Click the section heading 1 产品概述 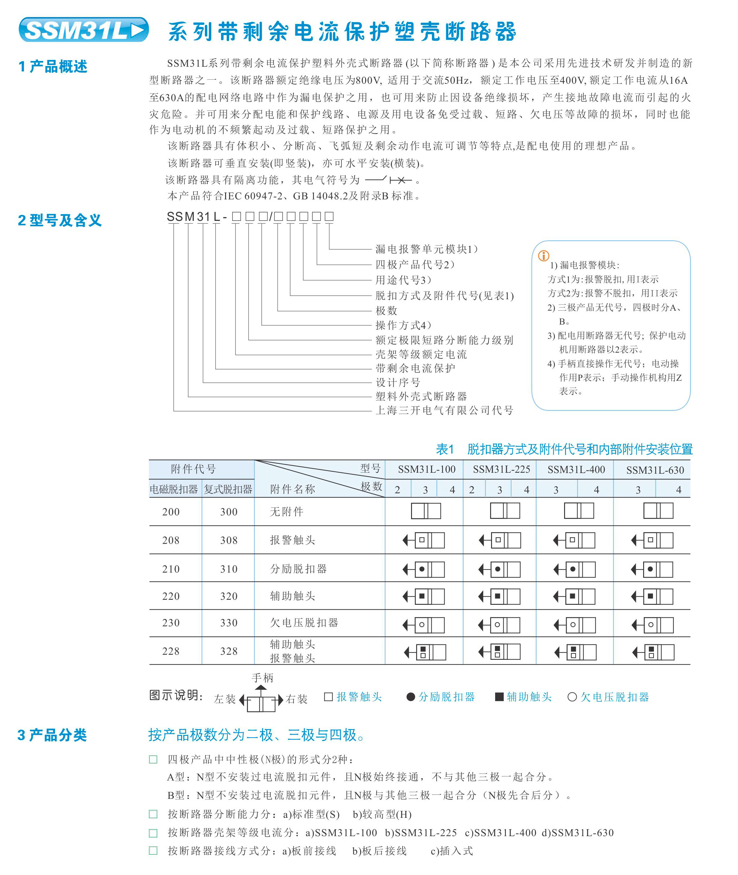coord(53,66)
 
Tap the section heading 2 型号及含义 coord(60,220)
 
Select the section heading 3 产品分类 coord(52,735)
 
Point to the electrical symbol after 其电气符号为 coord(388,180)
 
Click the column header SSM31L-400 coord(576,470)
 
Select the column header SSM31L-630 coord(655,470)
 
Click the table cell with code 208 coord(171,540)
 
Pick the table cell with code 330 coord(229,623)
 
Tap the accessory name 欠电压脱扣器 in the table coord(304,623)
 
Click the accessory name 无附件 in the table coord(286,512)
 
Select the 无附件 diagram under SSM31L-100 coord(426,511)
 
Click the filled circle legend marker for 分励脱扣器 coord(411,697)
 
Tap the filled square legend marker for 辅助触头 coord(499,697)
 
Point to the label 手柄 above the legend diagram coord(262,678)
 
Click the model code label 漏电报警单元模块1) coord(426,249)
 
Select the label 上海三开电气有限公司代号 coord(444,410)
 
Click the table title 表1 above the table coord(445,449)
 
